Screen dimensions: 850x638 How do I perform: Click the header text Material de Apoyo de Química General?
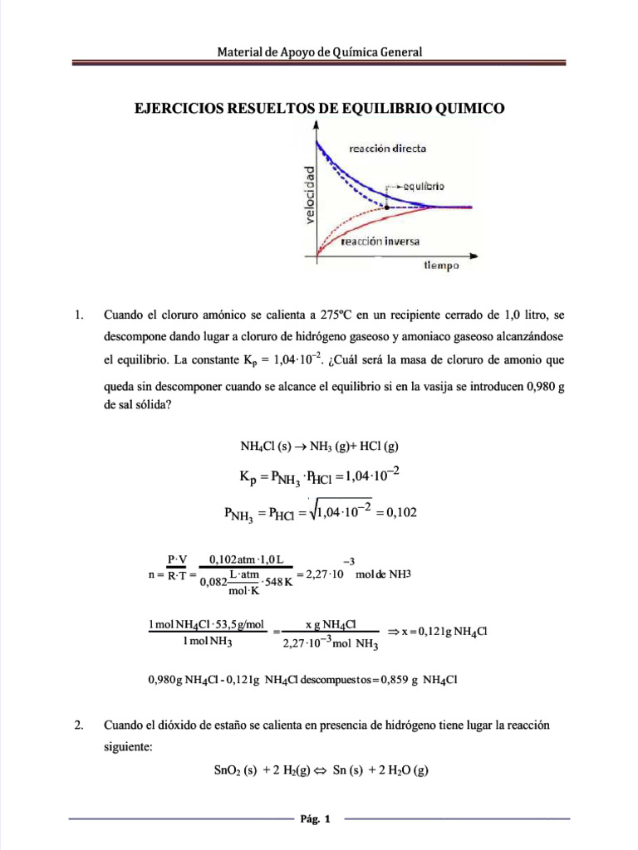coord(320,51)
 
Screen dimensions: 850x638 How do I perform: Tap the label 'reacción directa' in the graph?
coord(388,149)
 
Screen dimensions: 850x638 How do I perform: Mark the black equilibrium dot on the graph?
coord(388,206)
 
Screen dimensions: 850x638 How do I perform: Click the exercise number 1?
coord(79,315)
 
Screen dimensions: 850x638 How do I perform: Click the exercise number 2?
coord(79,725)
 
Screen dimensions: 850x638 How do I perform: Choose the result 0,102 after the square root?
coord(398,513)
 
